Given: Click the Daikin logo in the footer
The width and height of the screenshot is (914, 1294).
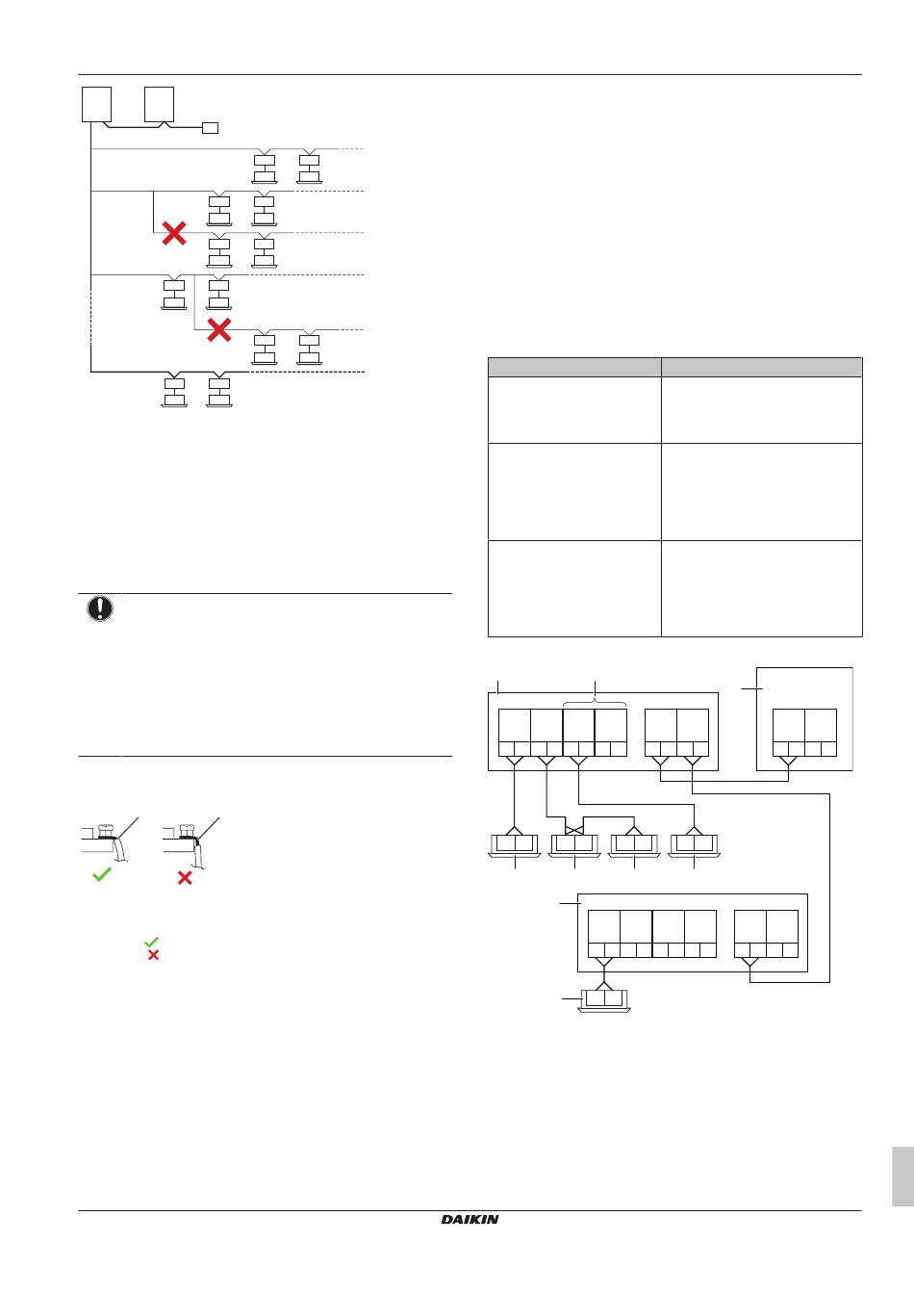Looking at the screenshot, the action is coord(470,1220).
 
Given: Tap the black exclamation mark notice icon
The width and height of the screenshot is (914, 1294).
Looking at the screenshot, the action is coord(100,608).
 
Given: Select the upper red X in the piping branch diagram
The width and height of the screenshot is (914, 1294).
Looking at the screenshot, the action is coord(174,233).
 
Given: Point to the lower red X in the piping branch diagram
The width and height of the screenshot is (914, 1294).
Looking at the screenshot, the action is coord(219,330).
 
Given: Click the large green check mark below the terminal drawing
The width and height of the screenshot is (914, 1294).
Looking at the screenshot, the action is coord(102,874).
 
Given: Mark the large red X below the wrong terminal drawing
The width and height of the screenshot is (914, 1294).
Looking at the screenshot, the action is coord(185,878).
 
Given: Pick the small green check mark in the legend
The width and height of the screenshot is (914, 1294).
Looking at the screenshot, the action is coord(151,942).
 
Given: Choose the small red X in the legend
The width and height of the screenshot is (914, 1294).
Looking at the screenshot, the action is coord(153,955).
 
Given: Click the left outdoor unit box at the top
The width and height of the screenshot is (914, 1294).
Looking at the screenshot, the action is coord(96,105).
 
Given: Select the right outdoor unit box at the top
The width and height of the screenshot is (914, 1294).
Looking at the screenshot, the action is coord(159,105).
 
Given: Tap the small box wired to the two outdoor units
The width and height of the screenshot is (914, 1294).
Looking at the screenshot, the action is coord(210,128).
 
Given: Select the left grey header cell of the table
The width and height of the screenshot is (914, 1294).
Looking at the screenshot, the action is coord(574,368).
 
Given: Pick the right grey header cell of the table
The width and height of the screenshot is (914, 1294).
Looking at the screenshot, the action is coord(762,368).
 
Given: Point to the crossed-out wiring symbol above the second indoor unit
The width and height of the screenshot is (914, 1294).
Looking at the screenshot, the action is coord(574,830).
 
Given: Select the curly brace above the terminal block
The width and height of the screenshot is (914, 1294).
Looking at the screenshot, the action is coord(595,703).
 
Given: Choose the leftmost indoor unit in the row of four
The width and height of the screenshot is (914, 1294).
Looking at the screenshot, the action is coord(515,845).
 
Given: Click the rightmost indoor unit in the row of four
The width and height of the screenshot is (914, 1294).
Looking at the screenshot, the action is coord(694,845).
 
